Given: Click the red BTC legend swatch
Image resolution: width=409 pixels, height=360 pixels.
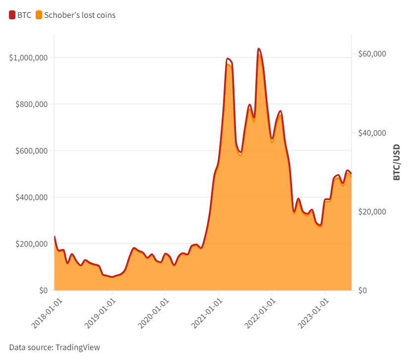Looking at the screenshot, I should tap(12, 15).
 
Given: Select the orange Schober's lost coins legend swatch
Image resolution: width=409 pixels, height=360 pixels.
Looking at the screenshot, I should tap(39, 15).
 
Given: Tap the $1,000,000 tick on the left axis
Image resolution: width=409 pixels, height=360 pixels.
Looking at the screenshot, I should tap(28, 57).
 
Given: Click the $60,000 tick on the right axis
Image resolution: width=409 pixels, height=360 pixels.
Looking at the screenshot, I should tap(372, 54).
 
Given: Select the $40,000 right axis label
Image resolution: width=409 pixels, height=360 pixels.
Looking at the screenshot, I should tap(372, 133).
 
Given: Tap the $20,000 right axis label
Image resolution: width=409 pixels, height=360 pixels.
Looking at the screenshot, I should tap(372, 211).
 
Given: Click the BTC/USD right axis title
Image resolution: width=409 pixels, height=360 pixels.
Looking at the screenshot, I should tap(397, 162).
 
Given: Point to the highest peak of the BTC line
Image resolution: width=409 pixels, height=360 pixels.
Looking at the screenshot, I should tap(259, 49).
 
